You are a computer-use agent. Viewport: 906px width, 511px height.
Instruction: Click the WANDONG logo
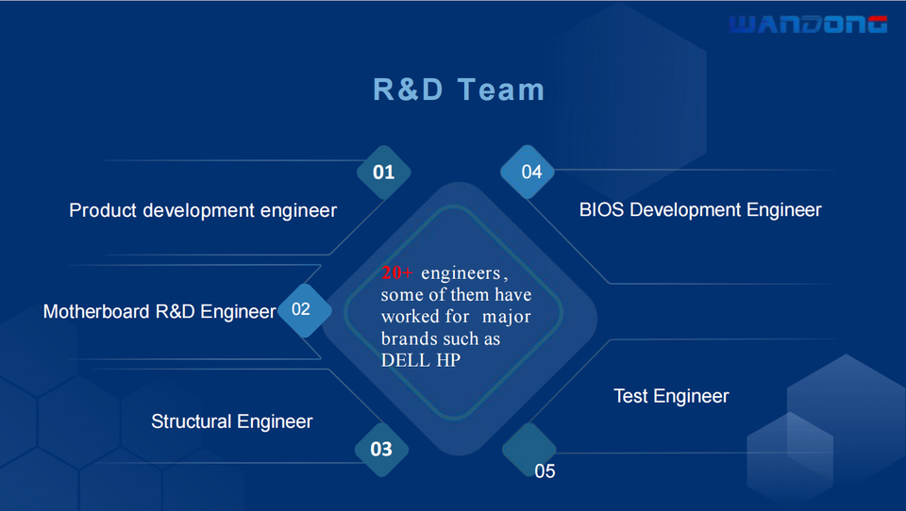click(808, 25)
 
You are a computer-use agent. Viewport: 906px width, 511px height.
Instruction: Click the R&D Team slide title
click(459, 90)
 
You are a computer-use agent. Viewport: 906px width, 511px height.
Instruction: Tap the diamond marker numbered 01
click(383, 173)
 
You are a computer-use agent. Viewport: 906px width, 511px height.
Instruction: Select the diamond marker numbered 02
click(301, 309)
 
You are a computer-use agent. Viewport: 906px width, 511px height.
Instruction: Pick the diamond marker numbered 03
click(381, 449)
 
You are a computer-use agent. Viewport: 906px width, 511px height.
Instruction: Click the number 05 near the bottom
click(545, 470)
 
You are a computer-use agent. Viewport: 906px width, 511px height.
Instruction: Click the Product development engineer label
click(203, 210)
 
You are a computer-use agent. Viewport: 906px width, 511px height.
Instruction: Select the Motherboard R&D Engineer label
click(159, 311)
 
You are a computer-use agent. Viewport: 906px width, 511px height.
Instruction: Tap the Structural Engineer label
click(231, 421)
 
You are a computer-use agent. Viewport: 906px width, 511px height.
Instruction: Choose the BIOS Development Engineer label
click(700, 210)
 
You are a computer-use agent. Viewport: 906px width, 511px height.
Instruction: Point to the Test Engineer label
click(671, 396)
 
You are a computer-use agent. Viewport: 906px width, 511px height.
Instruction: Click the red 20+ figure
click(397, 273)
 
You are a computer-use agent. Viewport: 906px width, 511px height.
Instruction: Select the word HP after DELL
click(448, 360)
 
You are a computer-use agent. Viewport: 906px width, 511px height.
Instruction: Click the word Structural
click(191, 421)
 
